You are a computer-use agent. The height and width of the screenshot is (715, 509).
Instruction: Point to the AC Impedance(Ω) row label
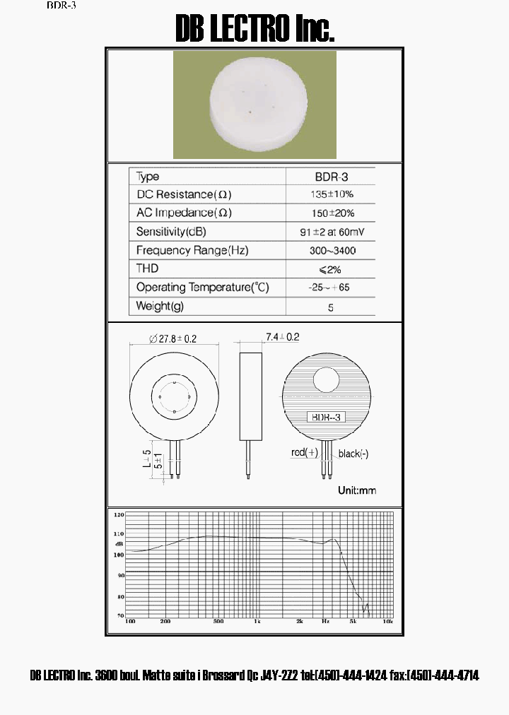click(x=184, y=213)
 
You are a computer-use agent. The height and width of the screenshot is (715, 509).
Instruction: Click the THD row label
click(x=147, y=268)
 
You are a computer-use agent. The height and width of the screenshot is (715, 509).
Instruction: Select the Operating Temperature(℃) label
click(x=203, y=288)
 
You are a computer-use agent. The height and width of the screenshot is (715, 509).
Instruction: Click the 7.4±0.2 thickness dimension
click(x=282, y=337)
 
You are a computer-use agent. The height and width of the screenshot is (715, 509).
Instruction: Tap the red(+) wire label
click(x=305, y=452)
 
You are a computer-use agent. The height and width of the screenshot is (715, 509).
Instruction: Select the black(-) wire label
click(x=353, y=454)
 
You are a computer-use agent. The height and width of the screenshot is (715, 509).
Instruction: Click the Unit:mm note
click(x=357, y=490)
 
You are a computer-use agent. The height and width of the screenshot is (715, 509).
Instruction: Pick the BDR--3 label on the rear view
click(x=327, y=418)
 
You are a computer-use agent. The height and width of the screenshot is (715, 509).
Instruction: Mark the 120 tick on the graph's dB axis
click(x=119, y=514)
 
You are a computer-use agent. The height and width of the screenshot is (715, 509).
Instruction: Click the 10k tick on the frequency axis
click(x=387, y=621)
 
